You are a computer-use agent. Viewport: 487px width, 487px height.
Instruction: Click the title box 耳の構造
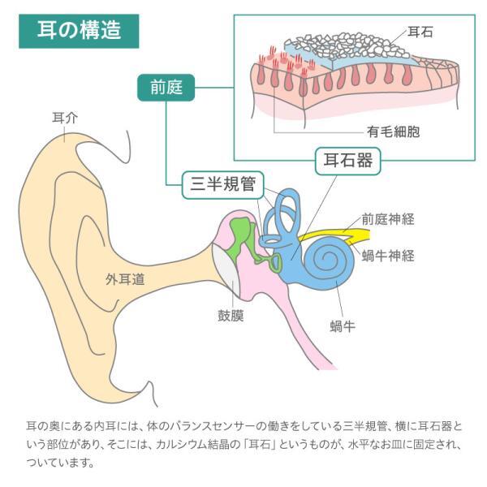pos(79,31)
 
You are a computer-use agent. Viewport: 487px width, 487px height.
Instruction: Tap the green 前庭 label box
pos(166,88)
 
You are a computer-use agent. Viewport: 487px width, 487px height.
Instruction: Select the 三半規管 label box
pos(222,185)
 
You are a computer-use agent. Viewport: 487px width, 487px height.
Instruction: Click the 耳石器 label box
pos(348,161)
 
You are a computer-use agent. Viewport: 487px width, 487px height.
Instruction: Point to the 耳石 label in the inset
pos(420,32)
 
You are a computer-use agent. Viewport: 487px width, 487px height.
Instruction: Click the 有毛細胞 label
pos(393,131)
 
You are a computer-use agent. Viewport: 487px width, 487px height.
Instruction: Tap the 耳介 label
pos(65,118)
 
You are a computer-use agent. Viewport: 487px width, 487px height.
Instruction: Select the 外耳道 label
pos(125,279)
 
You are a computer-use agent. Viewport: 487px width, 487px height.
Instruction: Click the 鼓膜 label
pos(231,316)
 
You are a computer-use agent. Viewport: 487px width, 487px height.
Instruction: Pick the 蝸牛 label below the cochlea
pos(343,326)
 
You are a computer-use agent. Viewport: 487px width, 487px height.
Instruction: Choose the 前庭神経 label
pos(388,219)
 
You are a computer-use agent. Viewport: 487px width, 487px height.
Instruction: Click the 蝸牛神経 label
pos(388,256)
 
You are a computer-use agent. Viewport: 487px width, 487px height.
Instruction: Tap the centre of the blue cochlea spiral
pos(327,258)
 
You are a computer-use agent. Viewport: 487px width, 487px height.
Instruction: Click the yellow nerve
pos(335,235)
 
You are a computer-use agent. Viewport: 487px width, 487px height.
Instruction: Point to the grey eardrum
pos(226,269)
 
